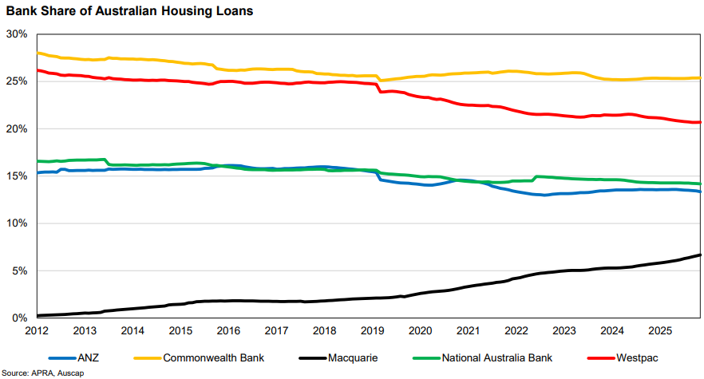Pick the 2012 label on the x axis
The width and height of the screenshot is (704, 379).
click(38, 330)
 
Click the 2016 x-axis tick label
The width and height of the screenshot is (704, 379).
click(228, 330)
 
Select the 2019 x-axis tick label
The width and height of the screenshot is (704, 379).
click(372, 330)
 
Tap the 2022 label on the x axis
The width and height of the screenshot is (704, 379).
click(516, 330)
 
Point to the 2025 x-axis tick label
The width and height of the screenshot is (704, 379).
click(659, 330)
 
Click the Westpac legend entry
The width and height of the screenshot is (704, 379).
click(631, 357)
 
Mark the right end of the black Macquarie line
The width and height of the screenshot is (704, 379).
click(700, 255)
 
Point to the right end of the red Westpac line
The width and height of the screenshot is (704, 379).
click(700, 122)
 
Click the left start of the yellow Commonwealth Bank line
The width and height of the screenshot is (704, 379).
click(38, 53)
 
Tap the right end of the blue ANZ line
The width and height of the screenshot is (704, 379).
click(700, 191)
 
